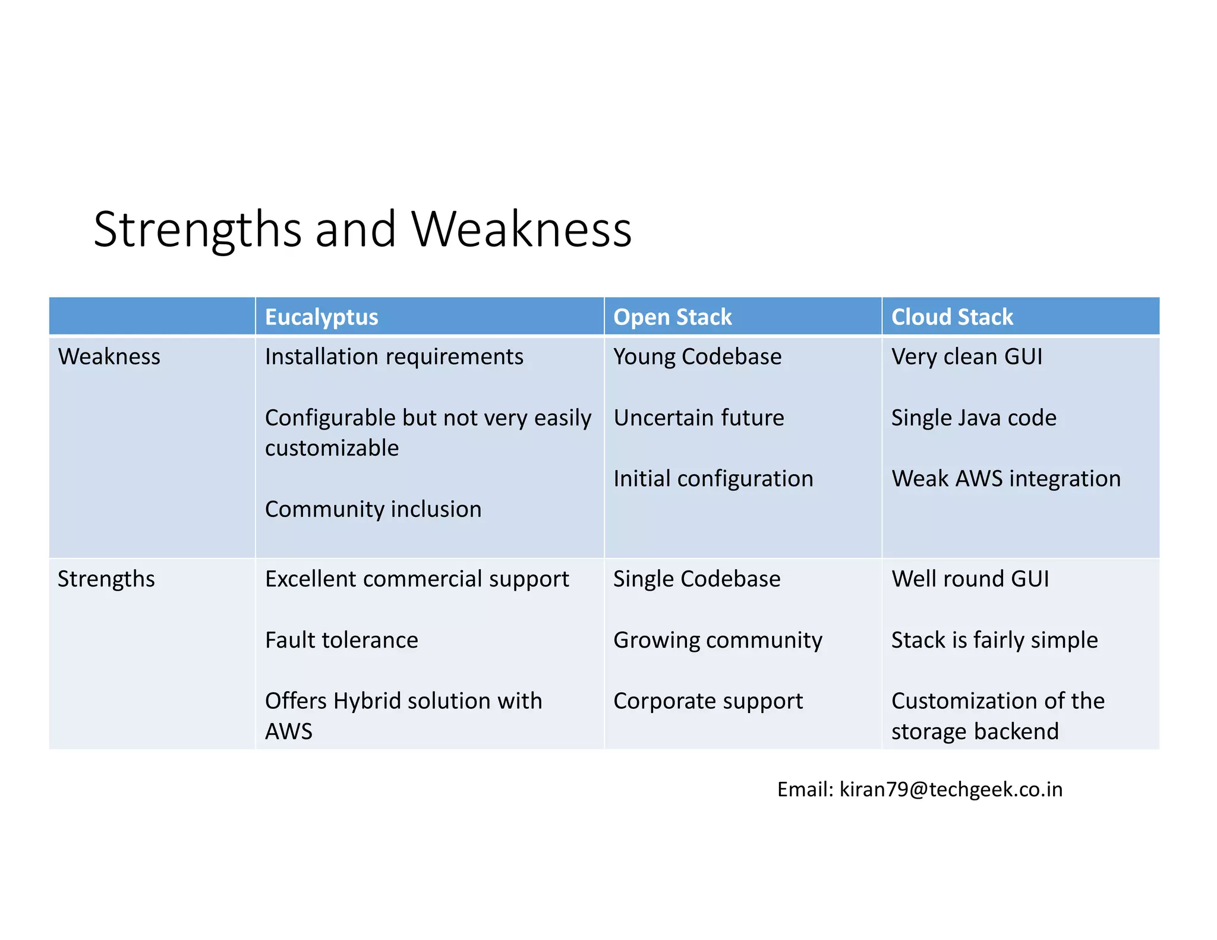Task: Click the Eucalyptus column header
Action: (x=321, y=317)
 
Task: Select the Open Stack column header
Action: (x=672, y=317)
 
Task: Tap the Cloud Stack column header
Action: (x=952, y=317)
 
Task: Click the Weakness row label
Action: (x=109, y=357)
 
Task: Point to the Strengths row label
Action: (x=106, y=579)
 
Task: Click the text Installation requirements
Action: (x=394, y=357)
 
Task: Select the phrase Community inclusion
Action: (x=373, y=509)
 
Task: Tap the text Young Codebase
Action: (x=698, y=357)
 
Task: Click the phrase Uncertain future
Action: (x=699, y=418)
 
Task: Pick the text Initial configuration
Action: (x=713, y=479)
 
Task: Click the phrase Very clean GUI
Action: (x=967, y=357)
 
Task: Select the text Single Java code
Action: (x=974, y=418)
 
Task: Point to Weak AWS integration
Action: (x=1006, y=479)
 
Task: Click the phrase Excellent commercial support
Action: (x=417, y=579)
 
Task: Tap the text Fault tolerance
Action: (x=342, y=640)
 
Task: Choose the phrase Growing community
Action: (x=718, y=640)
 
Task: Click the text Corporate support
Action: (x=708, y=701)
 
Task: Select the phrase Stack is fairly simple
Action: (x=995, y=640)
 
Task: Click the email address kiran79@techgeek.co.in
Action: (x=951, y=789)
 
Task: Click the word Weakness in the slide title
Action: (x=522, y=229)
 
